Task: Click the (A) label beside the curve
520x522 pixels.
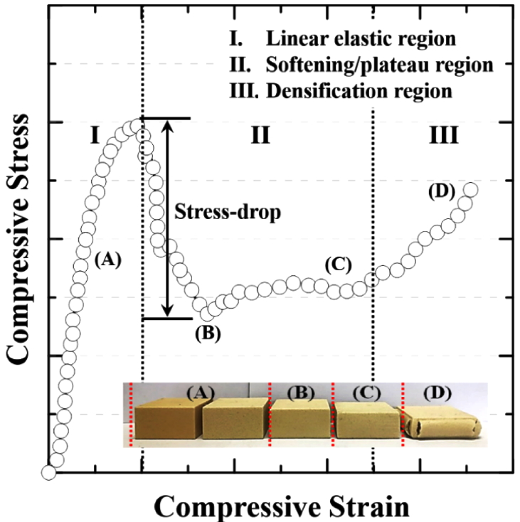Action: pyautogui.click(x=109, y=260)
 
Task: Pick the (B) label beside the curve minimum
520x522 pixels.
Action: pyautogui.click(x=208, y=331)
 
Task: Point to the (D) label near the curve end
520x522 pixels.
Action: pyautogui.click(x=441, y=193)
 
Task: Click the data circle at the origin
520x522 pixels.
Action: pyautogui.click(x=49, y=472)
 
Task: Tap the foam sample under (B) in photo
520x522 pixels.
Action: pyautogui.click(x=300, y=420)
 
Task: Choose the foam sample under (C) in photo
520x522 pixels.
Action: pyautogui.click(x=366, y=421)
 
